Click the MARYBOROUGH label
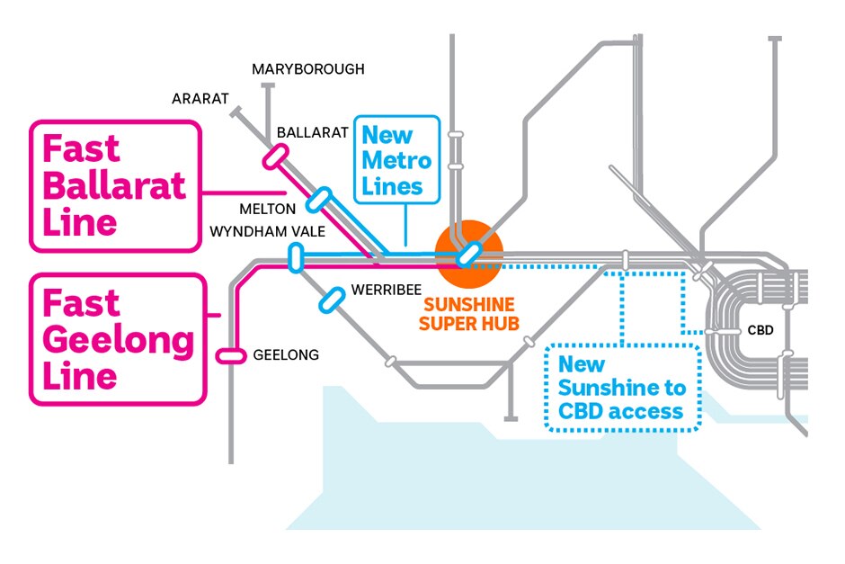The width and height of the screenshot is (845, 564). [x=307, y=69]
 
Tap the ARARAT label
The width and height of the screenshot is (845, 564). [x=200, y=98]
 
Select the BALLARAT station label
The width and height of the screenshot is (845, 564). [x=312, y=132]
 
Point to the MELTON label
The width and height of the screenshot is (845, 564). [x=267, y=209]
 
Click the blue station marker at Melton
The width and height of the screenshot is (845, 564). [x=321, y=198]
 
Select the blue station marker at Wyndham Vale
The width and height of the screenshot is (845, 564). [x=294, y=257]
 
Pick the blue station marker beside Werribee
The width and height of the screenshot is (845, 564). [x=332, y=299]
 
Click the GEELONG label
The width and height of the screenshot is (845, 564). [x=286, y=355]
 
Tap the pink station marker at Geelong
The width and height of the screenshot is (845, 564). [x=231, y=356]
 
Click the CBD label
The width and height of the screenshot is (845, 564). [x=760, y=330]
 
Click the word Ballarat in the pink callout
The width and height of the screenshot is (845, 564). [x=114, y=185]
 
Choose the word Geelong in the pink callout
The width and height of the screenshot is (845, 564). [x=118, y=341]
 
